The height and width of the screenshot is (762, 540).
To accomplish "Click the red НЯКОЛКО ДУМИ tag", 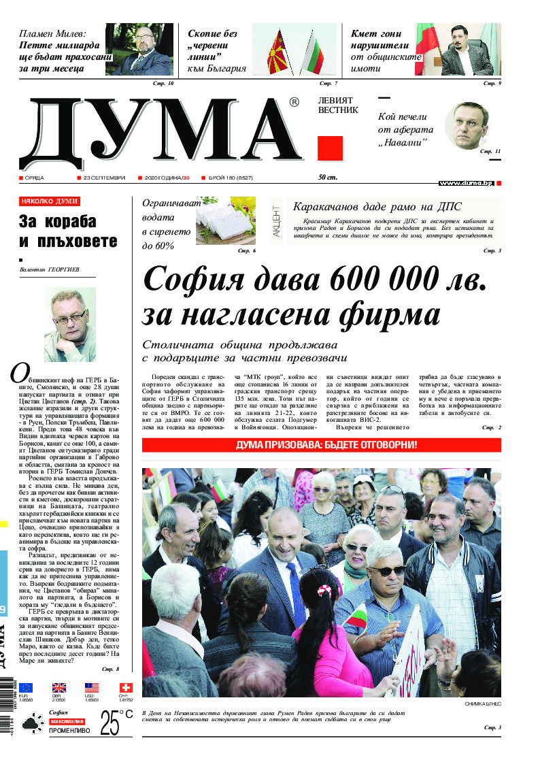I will [50, 201].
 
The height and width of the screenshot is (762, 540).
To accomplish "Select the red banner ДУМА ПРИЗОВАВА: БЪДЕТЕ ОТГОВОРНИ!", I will [321, 446].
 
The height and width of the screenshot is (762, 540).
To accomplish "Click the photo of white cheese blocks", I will [226, 220].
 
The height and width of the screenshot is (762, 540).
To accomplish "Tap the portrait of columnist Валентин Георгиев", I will [69, 324].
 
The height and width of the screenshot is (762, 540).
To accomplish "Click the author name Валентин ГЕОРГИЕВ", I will [50, 270].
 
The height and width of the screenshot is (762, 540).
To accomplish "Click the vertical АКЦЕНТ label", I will [276, 220].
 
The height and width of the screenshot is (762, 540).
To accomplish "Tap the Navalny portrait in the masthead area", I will [467, 129].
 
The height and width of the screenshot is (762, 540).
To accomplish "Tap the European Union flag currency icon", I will [26, 688].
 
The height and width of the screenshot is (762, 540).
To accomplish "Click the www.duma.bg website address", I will [466, 183].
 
